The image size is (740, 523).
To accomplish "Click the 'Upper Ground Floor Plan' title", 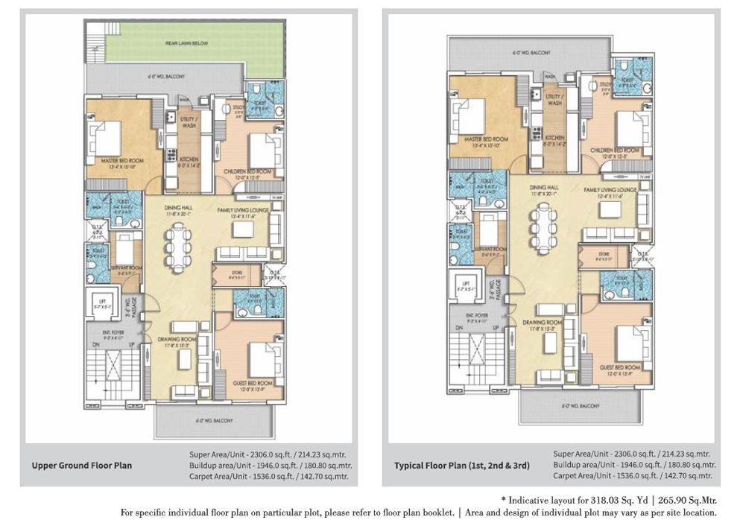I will (81, 466).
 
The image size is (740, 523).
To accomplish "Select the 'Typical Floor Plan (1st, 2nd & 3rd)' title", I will (462, 466).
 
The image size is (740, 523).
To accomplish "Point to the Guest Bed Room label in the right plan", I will (620, 367).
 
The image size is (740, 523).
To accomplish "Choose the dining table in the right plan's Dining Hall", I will (543, 224).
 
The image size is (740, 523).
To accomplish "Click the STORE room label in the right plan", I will (604, 255).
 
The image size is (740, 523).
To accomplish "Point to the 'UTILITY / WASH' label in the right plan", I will (554, 100).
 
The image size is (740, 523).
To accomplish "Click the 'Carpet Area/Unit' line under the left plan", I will (268, 477).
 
